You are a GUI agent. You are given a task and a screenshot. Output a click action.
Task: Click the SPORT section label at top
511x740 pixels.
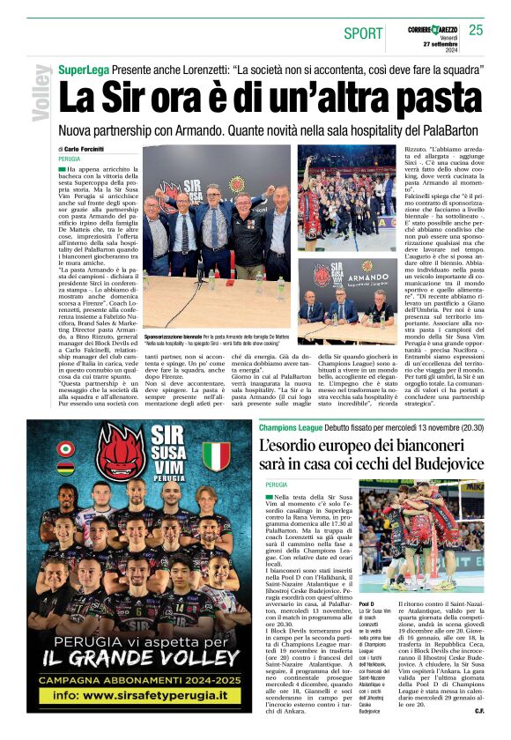point(363,33)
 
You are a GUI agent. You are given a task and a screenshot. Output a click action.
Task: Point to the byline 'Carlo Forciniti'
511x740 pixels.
point(84,150)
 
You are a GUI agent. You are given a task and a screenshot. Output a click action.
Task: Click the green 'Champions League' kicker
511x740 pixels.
point(293,427)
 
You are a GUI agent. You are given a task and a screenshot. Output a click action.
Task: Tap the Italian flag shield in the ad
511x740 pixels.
point(215,455)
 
